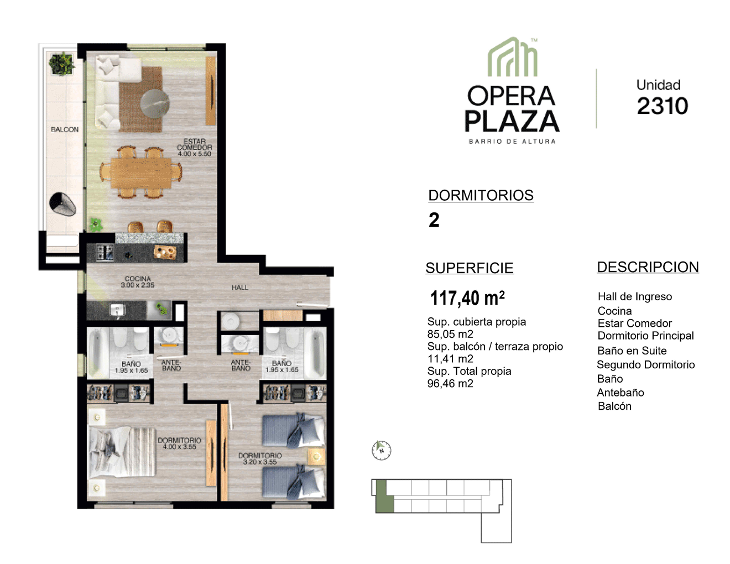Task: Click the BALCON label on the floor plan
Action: (65, 129)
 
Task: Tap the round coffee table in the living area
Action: (155, 103)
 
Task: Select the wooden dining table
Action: (141, 173)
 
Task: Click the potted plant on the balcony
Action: (61, 64)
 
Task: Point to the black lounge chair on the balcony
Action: (62, 204)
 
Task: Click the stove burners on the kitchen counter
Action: (105, 253)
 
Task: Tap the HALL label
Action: (239, 288)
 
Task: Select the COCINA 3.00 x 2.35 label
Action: (138, 282)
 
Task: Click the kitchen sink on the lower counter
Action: (118, 310)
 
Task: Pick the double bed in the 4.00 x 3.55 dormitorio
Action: (122, 452)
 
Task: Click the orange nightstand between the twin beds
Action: (316, 457)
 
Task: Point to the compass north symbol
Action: (381, 450)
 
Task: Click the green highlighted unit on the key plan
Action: (384, 497)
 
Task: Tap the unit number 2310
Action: (662, 106)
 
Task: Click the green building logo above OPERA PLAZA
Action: (513, 57)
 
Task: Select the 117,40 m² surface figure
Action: (467, 298)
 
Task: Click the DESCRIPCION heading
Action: (648, 267)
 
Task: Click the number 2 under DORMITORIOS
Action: (434, 220)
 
